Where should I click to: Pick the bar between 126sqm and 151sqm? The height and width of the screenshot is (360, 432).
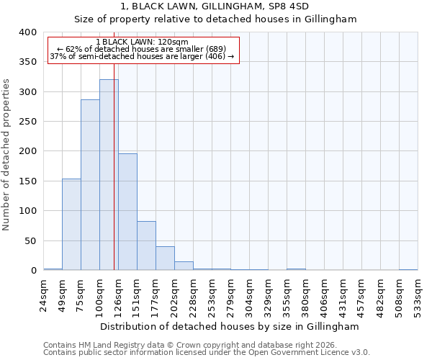127,212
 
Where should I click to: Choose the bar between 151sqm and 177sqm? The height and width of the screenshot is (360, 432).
146,246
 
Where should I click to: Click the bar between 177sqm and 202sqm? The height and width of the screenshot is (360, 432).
165,258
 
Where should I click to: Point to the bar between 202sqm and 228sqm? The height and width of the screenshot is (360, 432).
184,266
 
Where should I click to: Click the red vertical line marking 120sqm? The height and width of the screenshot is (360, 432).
114,166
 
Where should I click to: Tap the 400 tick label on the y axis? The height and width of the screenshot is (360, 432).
27,32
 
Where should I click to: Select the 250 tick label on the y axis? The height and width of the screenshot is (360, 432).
27,122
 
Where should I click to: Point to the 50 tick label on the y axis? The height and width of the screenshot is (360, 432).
30,240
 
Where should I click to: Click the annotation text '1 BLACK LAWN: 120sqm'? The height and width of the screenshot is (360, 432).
142,42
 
